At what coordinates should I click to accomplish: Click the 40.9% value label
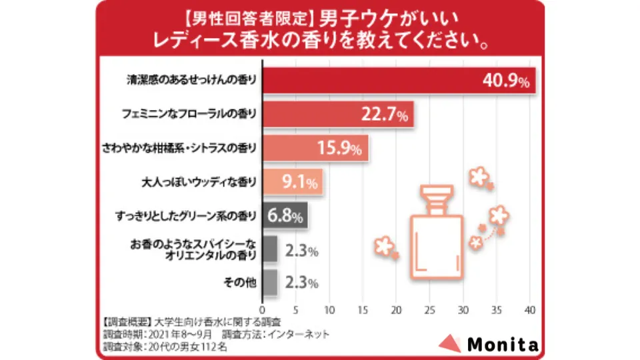[505, 81]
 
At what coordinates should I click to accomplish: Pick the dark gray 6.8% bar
[285, 216]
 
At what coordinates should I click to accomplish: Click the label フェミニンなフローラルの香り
[190, 114]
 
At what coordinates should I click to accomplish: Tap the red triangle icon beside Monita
[449, 344]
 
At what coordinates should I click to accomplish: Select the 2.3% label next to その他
[301, 283]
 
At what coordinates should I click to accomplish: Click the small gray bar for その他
[270, 282]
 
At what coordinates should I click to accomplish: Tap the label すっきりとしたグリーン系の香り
[185, 215]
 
